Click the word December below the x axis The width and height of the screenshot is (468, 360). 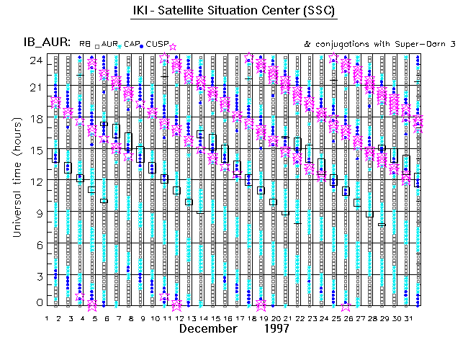click(x=208, y=328)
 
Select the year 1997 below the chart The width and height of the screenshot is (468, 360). click(x=275, y=328)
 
